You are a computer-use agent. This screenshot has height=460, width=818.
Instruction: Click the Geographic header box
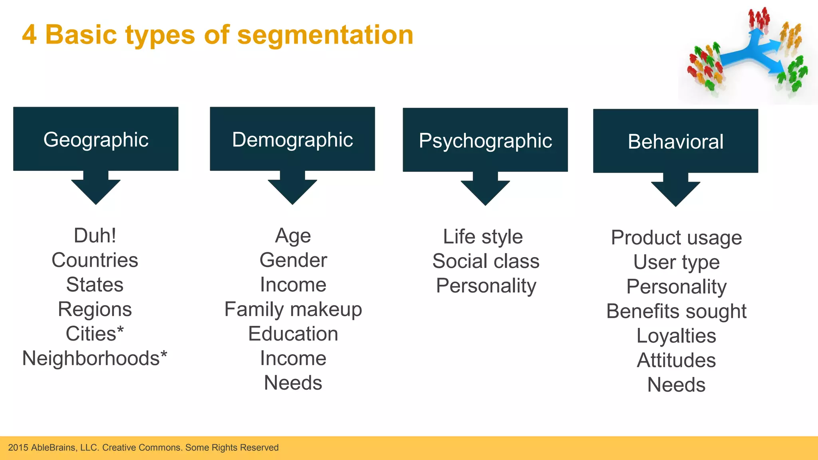click(96, 139)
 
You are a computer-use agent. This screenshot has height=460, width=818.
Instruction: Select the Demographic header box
click(292, 139)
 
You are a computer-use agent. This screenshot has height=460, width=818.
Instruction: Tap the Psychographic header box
click(485, 140)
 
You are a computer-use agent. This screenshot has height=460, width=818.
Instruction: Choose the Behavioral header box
click(675, 141)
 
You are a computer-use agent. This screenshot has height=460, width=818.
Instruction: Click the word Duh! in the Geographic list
click(95, 236)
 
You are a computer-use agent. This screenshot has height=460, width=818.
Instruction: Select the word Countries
click(95, 260)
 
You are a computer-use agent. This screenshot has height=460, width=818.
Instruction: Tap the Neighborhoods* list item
click(95, 358)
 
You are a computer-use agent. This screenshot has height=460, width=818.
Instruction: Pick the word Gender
click(293, 260)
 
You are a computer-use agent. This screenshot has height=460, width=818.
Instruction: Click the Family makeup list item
click(293, 309)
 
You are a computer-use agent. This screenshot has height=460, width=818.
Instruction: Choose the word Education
click(293, 334)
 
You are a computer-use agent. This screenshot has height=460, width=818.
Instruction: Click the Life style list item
click(483, 237)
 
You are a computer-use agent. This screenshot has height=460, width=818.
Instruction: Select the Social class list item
click(486, 261)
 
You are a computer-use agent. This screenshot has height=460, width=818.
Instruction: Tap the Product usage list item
click(676, 238)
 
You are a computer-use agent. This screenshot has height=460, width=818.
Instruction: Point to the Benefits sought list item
click(676, 311)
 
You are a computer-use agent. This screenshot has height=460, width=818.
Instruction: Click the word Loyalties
click(676, 336)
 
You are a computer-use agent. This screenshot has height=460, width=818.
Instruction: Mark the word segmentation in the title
click(325, 35)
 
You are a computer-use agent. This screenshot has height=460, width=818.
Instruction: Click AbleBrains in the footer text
click(53, 448)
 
